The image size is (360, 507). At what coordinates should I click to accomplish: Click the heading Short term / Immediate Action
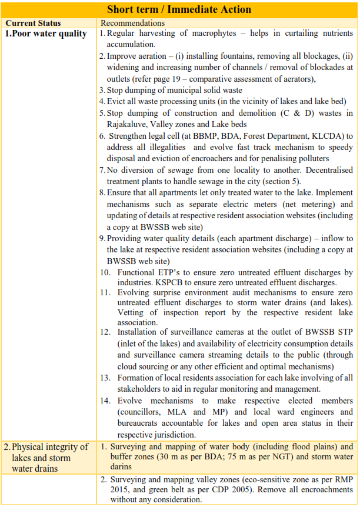(179, 9)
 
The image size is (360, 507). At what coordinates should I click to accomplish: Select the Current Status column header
(33, 22)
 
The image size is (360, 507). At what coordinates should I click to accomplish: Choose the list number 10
(105, 272)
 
